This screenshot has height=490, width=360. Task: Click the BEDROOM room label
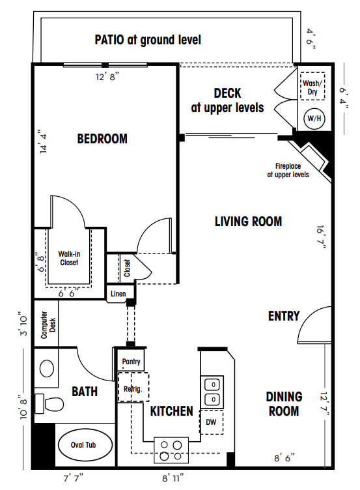pyautogui.click(x=102, y=139)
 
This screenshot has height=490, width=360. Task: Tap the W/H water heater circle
pyautogui.click(x=314, y=118)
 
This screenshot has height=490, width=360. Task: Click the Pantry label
pyautogui.click(x=132, y=360)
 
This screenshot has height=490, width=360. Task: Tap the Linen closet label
pyautogui.click(x=118, y=295)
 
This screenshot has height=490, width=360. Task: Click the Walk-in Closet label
pyautogui.click(x=68, y=258)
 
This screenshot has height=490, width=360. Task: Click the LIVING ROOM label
pyautogui.click(x=248, y=222)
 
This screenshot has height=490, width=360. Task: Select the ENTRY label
pyautogui.click(x=284, y=316)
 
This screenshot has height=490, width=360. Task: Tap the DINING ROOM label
pyautogui.click(x=284, y=404)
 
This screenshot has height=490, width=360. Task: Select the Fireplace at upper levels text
pyautogui.click(x=287, y=170)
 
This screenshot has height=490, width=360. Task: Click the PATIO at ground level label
pyautogui.click(x=148, y=40)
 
